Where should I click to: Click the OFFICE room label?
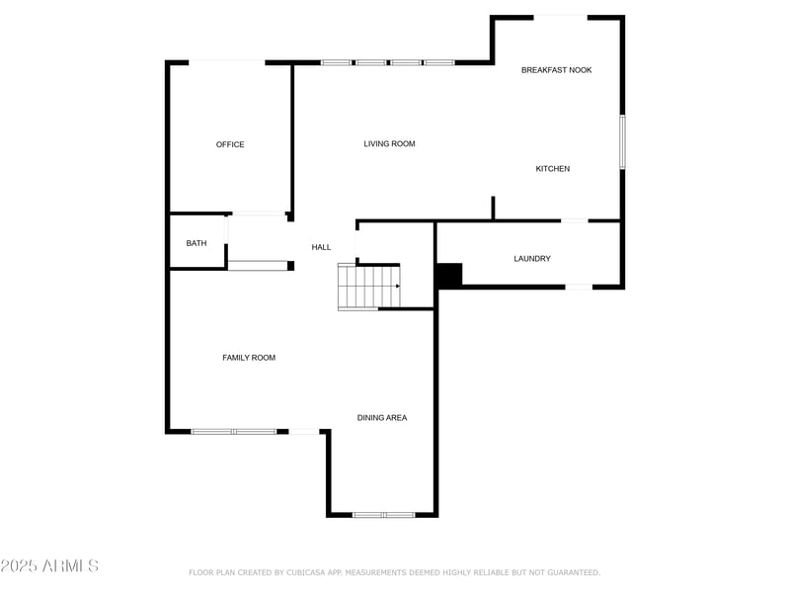click(230, 144)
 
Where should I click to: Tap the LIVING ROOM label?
click(389, 144)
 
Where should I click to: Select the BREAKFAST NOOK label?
click(557, 70)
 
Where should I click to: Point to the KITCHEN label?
click(553, 169)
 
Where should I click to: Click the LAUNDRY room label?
click(532, 259)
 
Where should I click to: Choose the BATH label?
click(197, 243)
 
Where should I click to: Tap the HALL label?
click(321, 247)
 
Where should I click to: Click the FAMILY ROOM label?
click(249, 358)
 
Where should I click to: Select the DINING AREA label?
click(382, 418)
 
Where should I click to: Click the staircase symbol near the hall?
click(367, 287)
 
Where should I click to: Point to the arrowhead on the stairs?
click(398, 287)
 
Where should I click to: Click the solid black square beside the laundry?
click(449, 275)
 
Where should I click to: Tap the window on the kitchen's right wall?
click(622, 141)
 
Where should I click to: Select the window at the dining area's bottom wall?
click(384, 515)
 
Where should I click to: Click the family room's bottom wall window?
click(234, 431)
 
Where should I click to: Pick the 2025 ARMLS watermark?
click(49, 566)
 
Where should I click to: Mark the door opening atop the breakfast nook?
click(561, 16)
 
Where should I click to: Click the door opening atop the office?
click(227, 62)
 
